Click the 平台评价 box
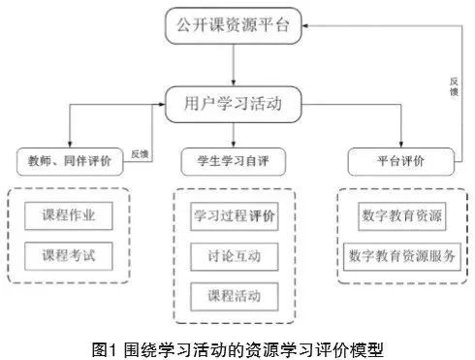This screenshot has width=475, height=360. coord(399,157)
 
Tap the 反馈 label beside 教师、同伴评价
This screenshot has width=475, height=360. coord(139,153)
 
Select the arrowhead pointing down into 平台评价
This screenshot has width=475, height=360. coord(400,143)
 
